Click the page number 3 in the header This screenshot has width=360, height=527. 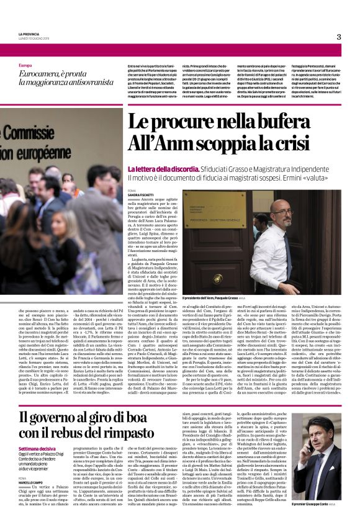coord(339,37)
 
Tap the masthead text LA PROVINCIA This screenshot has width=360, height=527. coord(30,34)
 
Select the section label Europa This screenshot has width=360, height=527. coord(25,65)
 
